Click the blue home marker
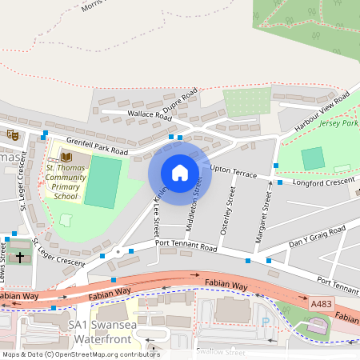tap(180, 173)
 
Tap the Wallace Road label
tap(150, 115)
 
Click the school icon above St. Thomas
tap(66, 156)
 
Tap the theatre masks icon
tap(12, 135)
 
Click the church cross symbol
tap(20, 257)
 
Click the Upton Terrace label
tap(233, 171)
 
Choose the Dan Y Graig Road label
tap(317, 236)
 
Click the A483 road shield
tap(320, 304)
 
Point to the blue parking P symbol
tap(266, 321)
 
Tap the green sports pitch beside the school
tap(102, 182)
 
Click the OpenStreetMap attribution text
tap(80, 354)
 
